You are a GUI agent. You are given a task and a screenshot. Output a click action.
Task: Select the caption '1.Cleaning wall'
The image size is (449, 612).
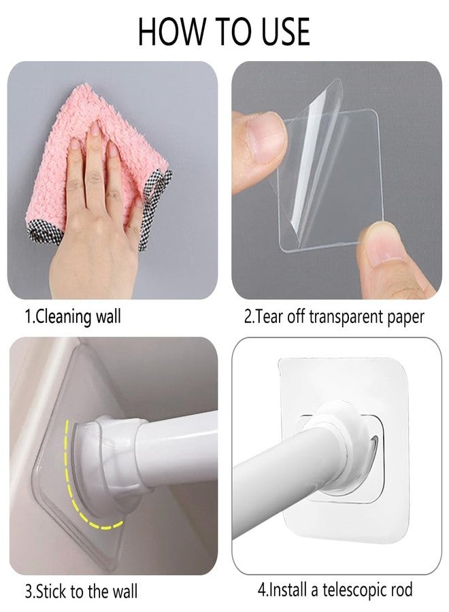point(73,316)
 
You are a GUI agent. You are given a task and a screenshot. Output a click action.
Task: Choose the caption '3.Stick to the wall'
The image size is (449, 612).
point(81,592)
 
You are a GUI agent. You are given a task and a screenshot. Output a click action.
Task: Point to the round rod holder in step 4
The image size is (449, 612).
point(344,441)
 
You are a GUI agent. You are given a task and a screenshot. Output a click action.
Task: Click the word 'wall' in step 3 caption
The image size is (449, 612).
point(125,592)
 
